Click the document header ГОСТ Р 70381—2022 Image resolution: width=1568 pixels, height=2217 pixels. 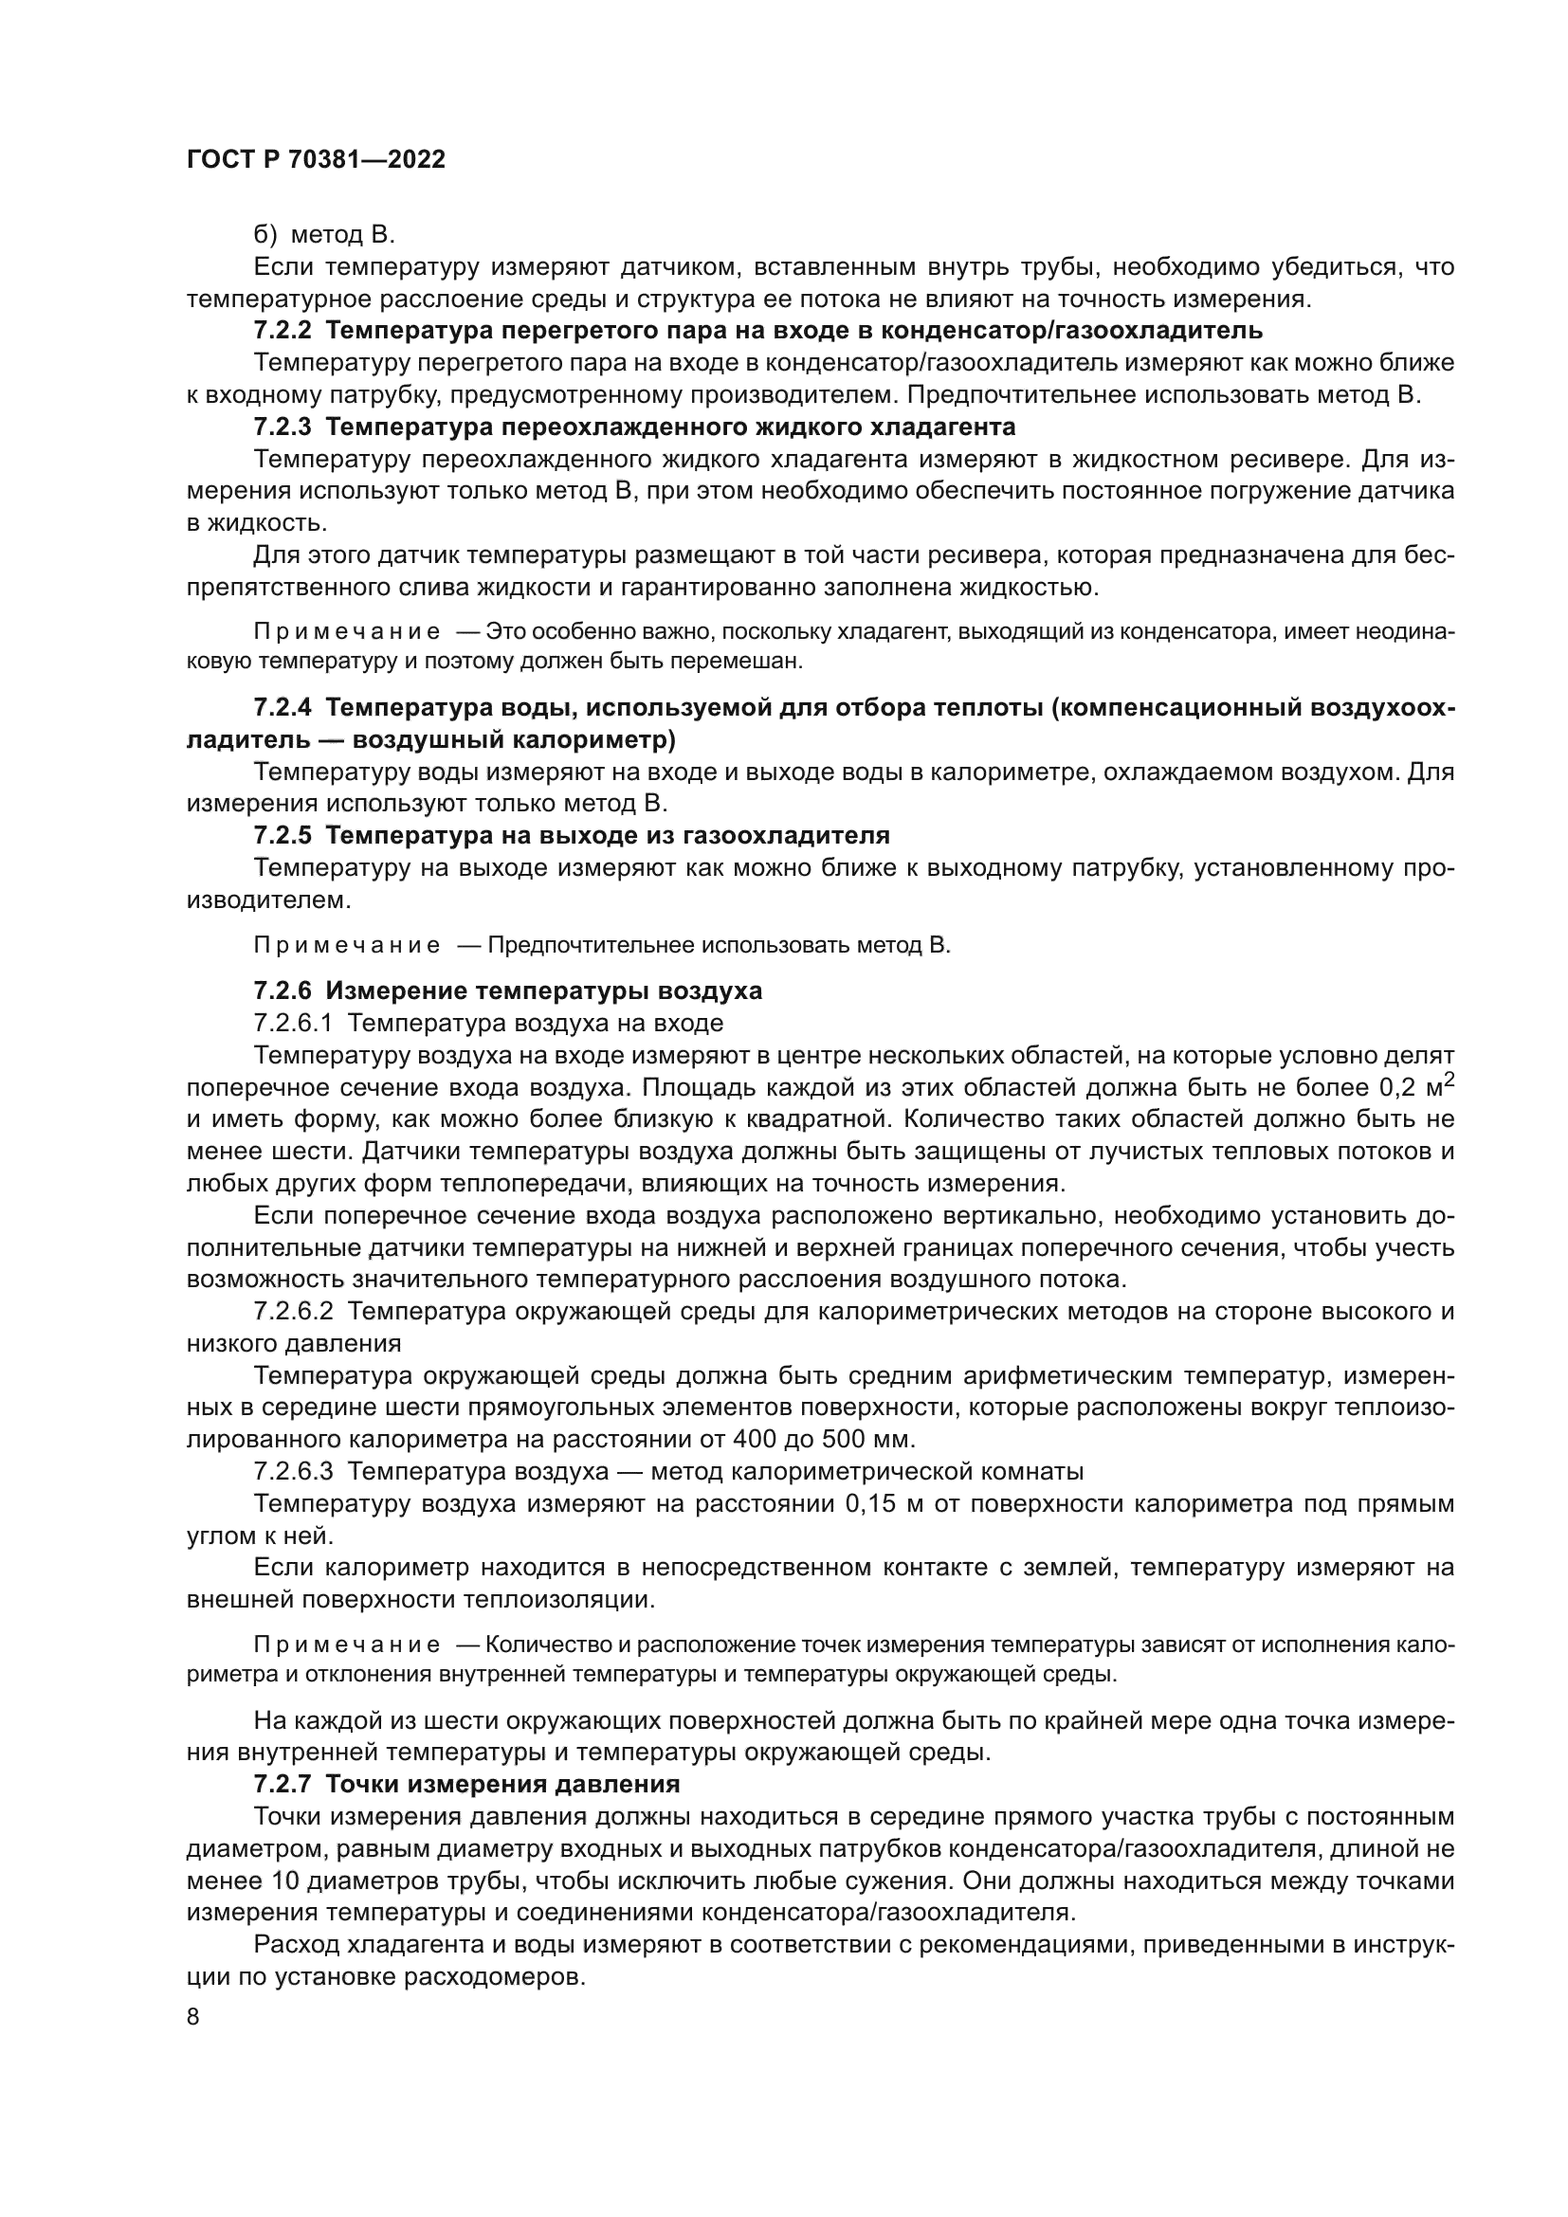(x=316, y=160)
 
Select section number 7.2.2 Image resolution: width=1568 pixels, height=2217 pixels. (x=282, y=330)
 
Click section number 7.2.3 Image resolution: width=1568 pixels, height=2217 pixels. (x=282, y=427)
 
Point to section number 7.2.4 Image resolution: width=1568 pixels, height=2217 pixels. (x=282, y=707)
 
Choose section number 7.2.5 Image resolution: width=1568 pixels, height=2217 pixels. (x=282, y=834)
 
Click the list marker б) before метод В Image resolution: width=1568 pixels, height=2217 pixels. (x=264, y=235)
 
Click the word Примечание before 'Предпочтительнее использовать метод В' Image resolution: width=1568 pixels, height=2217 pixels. (x=347, y=945)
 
